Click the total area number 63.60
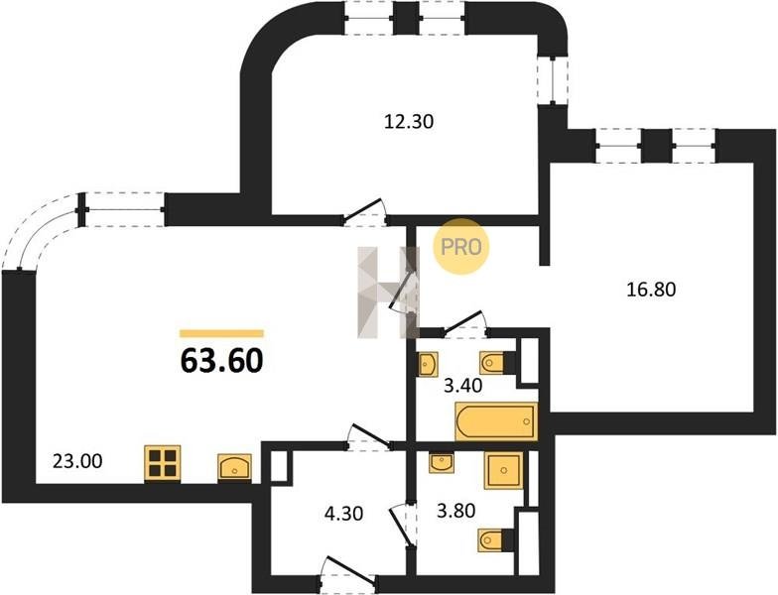(x=221, y=360)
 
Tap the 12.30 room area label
(x=409, y=121)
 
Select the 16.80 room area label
(x=651, y=290)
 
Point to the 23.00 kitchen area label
(x=77, y=461)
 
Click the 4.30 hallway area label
(x=343, y=513)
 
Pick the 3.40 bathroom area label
(x=462, y=385)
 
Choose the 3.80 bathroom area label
(x=456, y=510)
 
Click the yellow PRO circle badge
(x=461, y=246)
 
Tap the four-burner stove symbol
(x=163, y=463)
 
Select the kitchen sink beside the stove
(x=234, y=468)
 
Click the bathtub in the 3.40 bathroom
(x=496, y=421)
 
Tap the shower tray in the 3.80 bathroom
(x=504, y=470)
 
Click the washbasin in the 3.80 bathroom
(x=441, y=463)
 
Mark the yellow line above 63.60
(x=222, y=333)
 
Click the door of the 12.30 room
(x=365, y=210)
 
